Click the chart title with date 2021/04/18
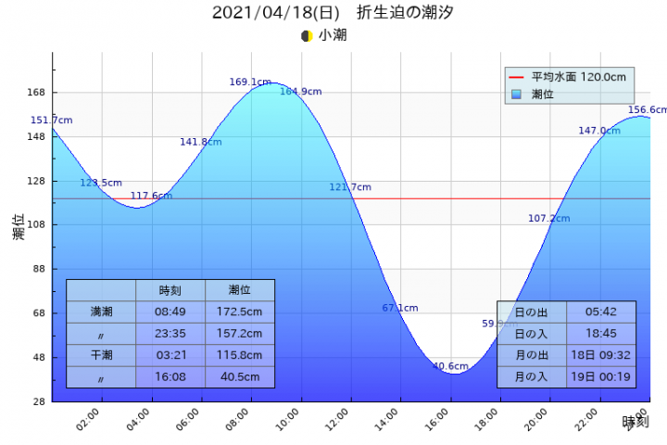click(333, 13)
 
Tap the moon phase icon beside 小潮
click(307, 35)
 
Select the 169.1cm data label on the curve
click(250, 83)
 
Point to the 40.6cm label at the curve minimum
click(450, 366)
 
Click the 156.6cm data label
click(647, 109)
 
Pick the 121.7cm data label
click(350, 187)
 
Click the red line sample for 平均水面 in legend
click(517, 77)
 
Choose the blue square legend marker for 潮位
click(517, 94)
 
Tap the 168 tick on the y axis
click(36, 93)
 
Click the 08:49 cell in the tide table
click(170, 312)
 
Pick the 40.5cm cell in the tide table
click(239, 377)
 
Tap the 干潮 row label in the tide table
click(101, 355)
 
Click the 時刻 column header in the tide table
click(170, 290)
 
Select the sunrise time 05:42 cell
click(601, 312)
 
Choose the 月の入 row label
click(531, 377)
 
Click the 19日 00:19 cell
click(601, 377)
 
